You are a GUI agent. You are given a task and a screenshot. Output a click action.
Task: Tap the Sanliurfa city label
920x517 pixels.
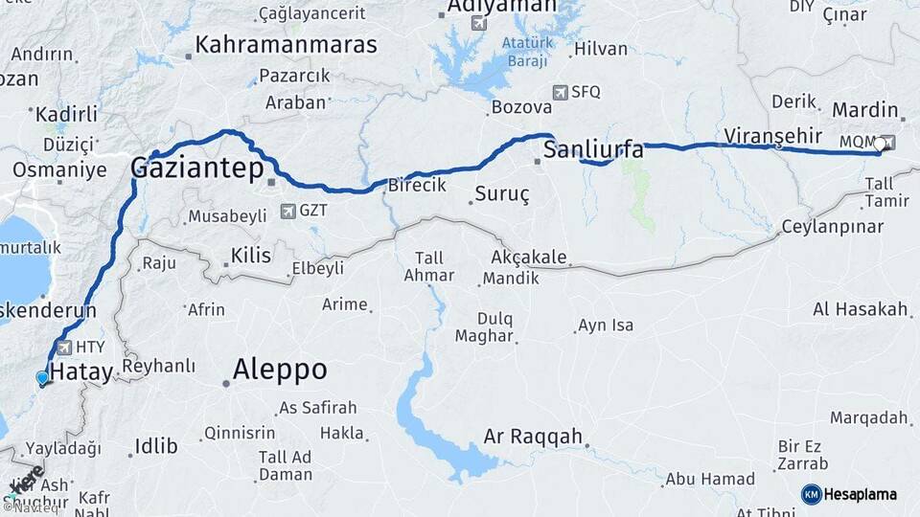tap(592, 149)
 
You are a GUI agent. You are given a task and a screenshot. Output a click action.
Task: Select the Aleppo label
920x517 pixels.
tap(280, 370)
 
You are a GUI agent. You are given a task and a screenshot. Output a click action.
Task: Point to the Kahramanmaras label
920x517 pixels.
tap(286, 44)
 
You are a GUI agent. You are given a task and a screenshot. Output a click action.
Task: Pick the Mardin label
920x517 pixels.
tap(864, 110)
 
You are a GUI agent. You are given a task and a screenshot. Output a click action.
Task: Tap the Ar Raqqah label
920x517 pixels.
tap(533, 437)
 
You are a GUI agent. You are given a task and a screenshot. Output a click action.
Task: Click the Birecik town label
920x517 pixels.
tap(415, 186)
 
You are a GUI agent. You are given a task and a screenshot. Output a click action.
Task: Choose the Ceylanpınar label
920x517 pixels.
tap(831, 227)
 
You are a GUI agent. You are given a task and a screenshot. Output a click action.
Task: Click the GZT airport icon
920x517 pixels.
tap(287, 211)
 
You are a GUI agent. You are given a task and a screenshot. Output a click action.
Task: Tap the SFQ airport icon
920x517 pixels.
tap(560, 93)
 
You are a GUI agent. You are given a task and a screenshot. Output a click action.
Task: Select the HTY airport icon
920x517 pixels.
tap(64, 348)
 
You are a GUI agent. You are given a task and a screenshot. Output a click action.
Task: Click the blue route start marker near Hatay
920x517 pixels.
tap(41, 378)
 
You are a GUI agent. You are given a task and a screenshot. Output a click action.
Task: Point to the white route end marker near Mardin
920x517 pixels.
tap(880, 145)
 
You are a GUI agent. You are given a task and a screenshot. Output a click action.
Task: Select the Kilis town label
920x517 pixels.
tap(251, 256)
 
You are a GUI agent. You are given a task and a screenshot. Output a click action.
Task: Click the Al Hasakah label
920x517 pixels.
tap(860, 309)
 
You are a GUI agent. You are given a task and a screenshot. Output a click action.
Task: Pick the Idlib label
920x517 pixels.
tap(156, 445)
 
